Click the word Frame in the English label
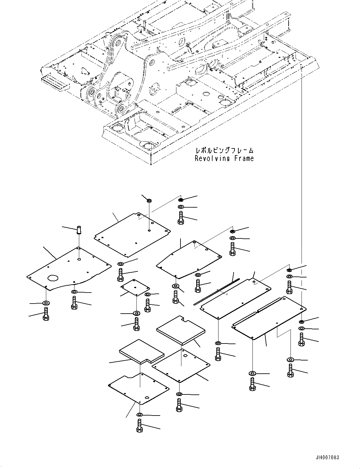click(244, 158)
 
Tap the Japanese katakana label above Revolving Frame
click(224, 151)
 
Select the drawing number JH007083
click(328, 458)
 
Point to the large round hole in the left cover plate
click(53, 278)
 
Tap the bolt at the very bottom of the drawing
click(140, 426)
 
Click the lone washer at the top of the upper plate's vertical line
click(149, 200)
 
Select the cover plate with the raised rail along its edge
click(269, 318)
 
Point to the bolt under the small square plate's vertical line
click(136, 324)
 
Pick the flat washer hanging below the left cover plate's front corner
click(46, 303)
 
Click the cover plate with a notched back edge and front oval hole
click(138, 388)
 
